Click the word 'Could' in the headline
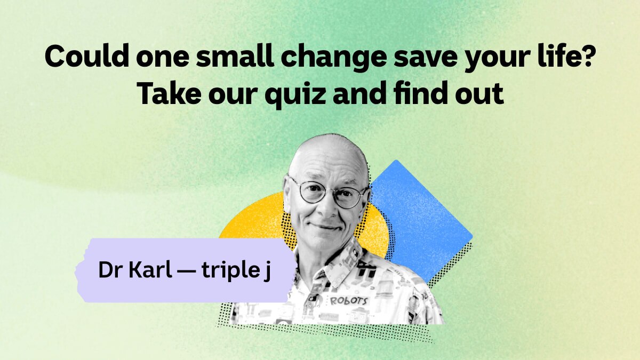pos(87,57)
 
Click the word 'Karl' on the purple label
pos(150,269)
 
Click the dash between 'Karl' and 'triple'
pos(187,271)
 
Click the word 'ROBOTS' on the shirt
pos(349,301)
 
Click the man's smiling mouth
pos(326,227)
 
